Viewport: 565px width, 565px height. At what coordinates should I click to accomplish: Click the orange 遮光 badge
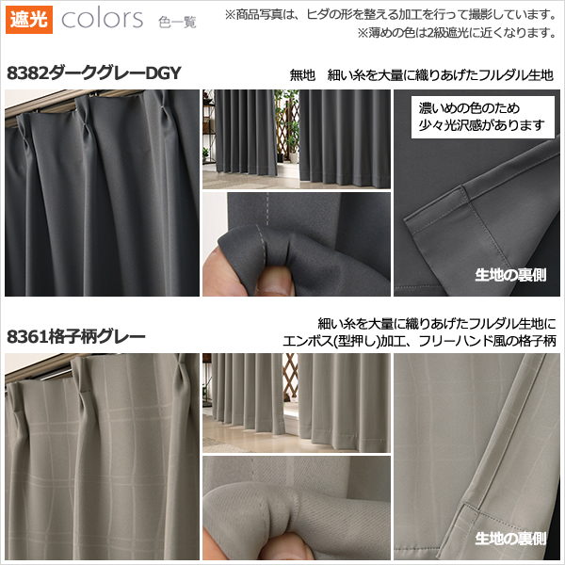29,20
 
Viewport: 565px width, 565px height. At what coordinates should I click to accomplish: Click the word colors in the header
103,19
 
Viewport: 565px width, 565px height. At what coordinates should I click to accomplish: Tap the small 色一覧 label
177,23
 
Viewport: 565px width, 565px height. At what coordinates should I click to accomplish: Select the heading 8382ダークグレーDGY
93,73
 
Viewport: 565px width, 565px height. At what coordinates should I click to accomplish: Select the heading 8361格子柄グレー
76,337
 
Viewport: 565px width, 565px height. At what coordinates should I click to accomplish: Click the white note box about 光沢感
483,117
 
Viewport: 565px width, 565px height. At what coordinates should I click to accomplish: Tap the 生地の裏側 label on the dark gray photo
510,275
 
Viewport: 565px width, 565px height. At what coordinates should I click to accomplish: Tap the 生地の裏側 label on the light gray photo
510,539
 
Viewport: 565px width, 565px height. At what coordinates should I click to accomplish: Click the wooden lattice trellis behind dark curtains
285,129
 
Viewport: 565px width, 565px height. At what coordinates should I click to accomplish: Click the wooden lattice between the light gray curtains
290,378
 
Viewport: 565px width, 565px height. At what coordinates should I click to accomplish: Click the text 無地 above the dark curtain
302,75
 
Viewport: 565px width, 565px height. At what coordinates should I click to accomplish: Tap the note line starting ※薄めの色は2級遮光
457,33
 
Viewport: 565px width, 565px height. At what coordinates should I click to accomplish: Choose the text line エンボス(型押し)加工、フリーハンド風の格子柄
419,341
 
